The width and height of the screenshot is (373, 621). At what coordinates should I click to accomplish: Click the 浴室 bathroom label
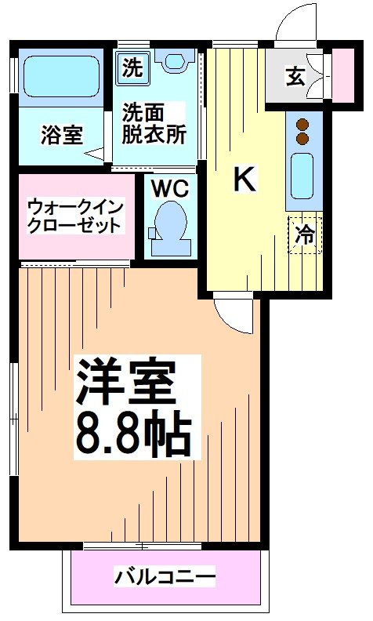62,135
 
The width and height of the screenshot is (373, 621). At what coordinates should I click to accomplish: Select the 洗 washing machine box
132,67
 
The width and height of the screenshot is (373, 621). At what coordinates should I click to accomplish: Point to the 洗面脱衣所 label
153,123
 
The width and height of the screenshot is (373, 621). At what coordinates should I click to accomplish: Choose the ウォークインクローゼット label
74,216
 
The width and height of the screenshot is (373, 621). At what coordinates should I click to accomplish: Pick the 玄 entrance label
295,77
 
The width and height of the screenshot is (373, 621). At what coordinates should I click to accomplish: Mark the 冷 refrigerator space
305,234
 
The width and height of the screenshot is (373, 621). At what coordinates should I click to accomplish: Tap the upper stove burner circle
302,124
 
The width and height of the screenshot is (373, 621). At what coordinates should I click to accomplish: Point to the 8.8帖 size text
134,433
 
